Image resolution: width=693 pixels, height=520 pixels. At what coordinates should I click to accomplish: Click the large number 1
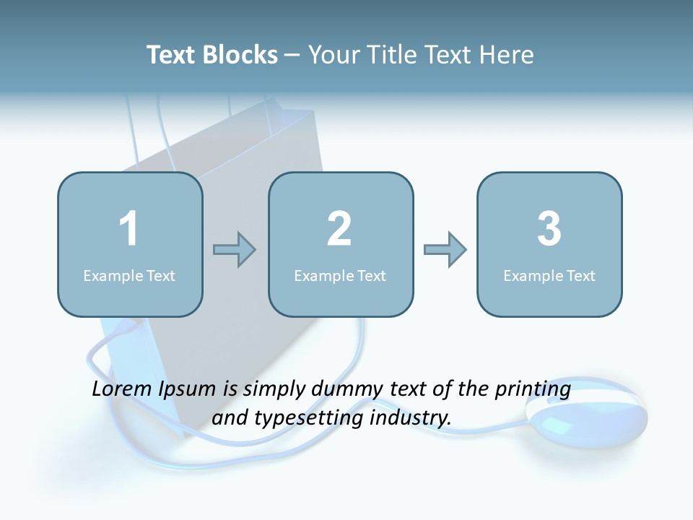tap(128, 229)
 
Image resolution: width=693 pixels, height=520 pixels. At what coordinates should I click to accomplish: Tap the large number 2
tap(339, 229)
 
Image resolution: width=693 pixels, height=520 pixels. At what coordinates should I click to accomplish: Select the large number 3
tap(549, 229)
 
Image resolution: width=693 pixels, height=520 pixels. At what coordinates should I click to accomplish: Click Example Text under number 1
tap(129, 275)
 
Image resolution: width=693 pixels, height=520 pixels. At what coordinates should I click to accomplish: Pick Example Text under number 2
tap(340, 275)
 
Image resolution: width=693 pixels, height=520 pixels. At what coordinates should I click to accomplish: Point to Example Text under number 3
tap(549, 275)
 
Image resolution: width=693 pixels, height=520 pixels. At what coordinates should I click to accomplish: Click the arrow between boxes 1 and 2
tap(235, 250)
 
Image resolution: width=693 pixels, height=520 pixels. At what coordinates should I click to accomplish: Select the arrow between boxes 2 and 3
tap(445, 250)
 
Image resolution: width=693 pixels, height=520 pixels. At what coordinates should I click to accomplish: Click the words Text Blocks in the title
tap(212, 55)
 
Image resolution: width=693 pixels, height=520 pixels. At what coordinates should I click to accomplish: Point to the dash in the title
tap(292, 55)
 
